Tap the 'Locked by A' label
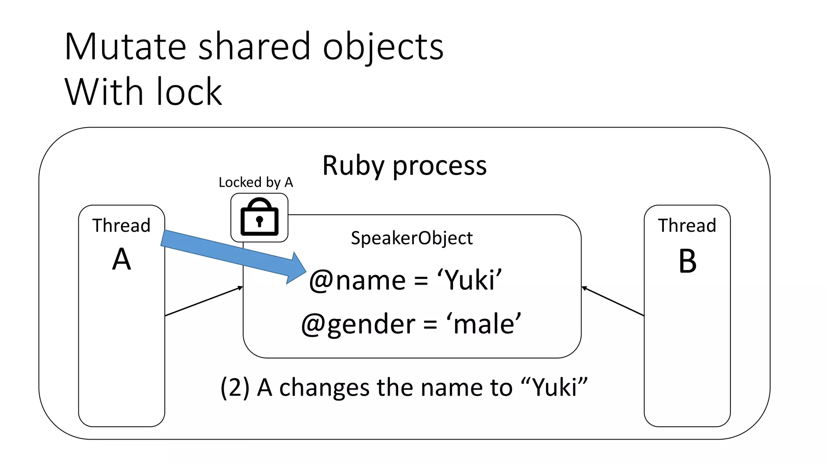point(256,182)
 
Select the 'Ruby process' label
point(404,165)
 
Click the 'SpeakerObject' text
point(411,238)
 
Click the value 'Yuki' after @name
point(470,280)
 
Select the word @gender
point(358,324)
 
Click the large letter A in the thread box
point(122,259)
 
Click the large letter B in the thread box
point(687,261)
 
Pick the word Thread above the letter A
point(121,225)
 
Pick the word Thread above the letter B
point(687,225)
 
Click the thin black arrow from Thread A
point(204,301)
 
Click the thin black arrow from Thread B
point(613,301)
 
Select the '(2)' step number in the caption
point(235,387)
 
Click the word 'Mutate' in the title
point(125,47)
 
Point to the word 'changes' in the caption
point(324,387)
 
